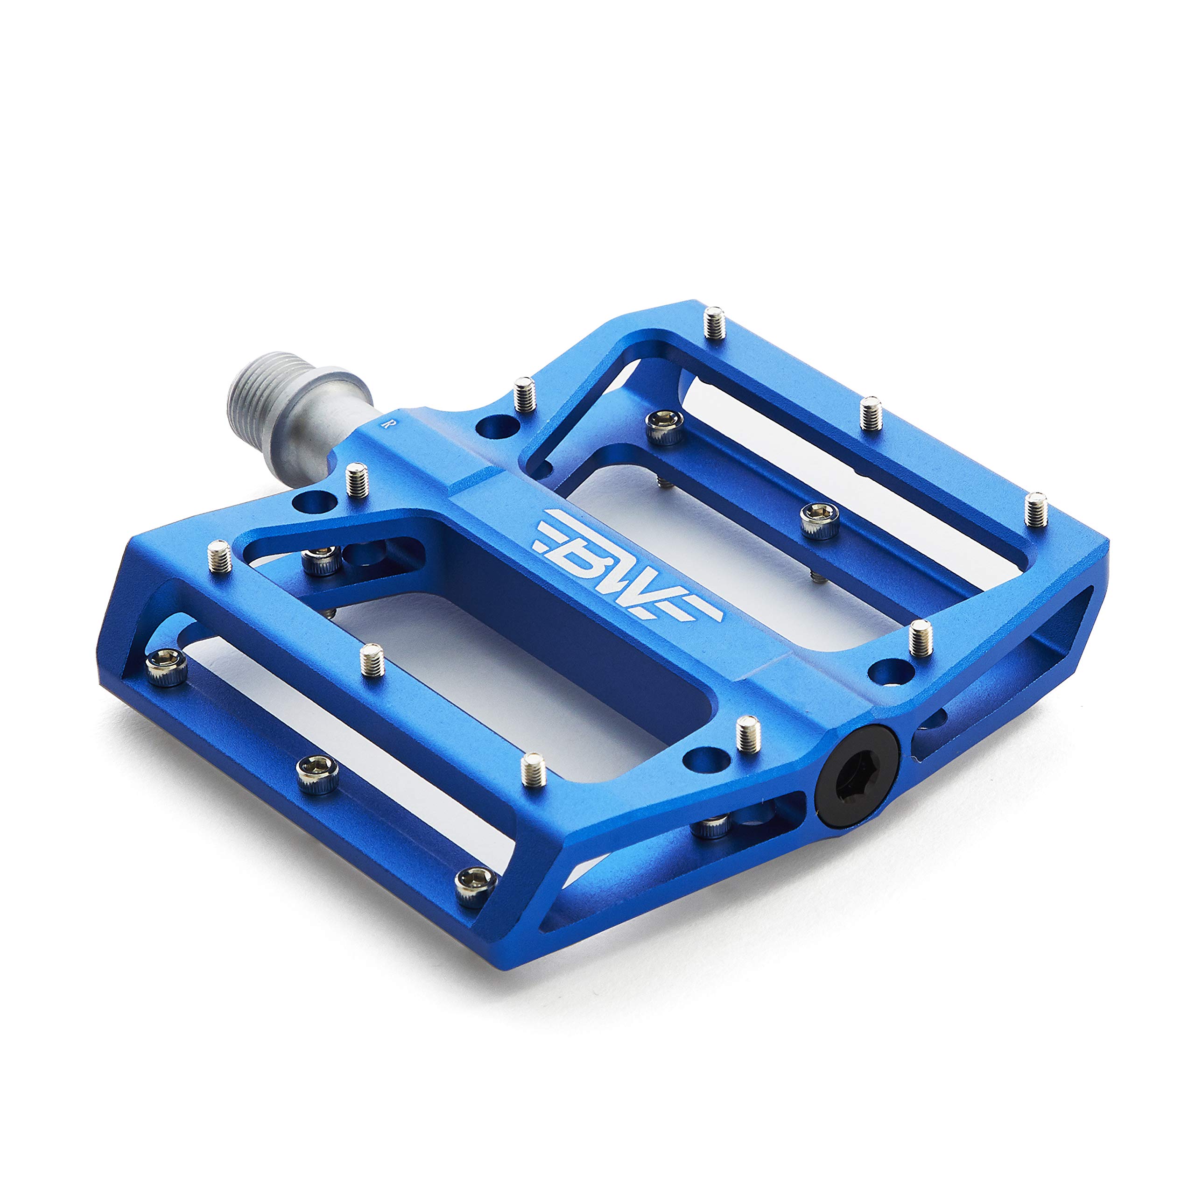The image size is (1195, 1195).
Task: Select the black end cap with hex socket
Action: pyautogui.click(x=857, y=776)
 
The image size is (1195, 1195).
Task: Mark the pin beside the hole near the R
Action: pyautogui.click(x=525, y=394)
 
